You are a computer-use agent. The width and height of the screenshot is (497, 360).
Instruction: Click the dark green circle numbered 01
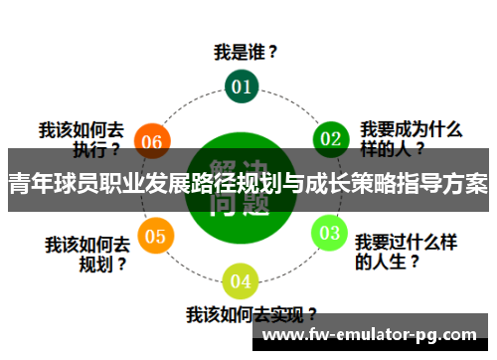pos(242,87)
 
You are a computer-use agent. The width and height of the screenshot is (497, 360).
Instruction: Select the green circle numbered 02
pos(330,137)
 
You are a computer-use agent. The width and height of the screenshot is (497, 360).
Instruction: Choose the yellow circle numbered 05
pos(153,236)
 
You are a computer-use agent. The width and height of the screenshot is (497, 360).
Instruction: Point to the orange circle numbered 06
pos(151,141)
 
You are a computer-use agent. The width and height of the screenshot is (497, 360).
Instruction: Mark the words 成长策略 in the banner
pos(368,184)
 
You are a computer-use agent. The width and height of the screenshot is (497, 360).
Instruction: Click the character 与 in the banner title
pos(308,184)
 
